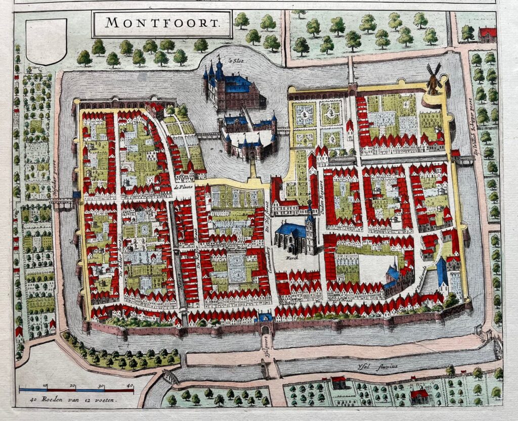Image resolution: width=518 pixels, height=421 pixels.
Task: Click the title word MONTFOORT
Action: coord(162,23)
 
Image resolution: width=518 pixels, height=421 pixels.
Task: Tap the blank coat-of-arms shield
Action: coord(46,41)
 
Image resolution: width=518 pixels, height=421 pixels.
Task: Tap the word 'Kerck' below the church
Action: coord(290,257)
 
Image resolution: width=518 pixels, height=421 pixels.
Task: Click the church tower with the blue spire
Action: coord(310,227)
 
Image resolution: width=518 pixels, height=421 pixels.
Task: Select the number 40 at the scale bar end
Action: coord(130,386)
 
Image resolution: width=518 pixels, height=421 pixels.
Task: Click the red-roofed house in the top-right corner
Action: coord(487,35)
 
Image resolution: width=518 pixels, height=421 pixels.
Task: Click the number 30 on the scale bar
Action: coord(101,386)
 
